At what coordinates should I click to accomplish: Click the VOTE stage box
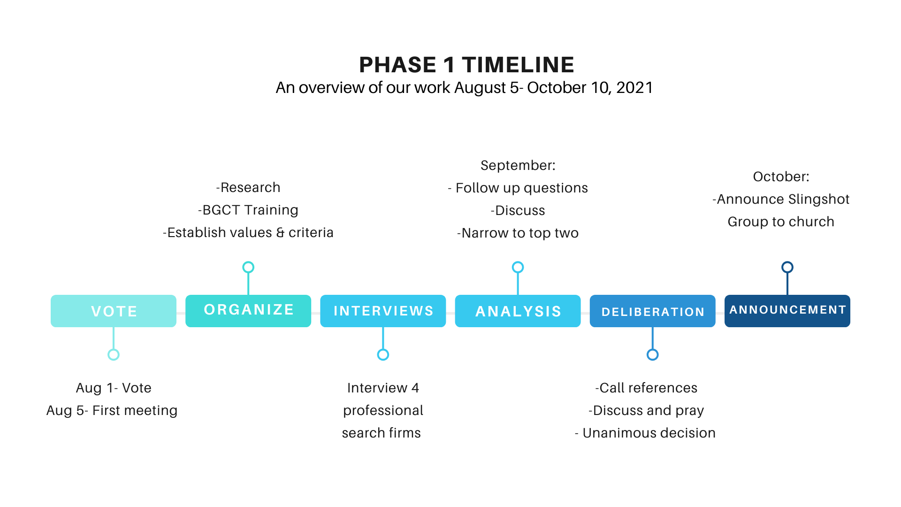pos(114,311)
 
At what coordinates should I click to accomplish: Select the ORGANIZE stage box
pos(248,311)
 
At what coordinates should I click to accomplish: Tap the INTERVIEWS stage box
pos(383,311)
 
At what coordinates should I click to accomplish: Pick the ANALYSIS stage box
pos(518,311)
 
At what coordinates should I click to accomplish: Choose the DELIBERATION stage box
pos(652,311)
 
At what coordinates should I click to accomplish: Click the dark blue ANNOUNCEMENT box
pos(787,311)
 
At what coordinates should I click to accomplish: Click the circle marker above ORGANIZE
pos(248,262)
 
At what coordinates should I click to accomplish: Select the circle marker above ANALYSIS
pos(518,262)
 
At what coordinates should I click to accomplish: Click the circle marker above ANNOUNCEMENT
pos(787,262)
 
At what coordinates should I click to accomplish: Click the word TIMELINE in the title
pos(518,65)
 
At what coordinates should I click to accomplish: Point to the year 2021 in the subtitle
pos(634,88)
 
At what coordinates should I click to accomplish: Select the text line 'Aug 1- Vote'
pos(114,388)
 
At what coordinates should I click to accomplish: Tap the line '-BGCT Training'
pos(248,210)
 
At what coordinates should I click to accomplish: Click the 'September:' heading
pos(518,165)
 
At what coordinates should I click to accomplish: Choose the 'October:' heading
pos(781,177)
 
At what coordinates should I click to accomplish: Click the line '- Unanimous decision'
pos(645,433)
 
